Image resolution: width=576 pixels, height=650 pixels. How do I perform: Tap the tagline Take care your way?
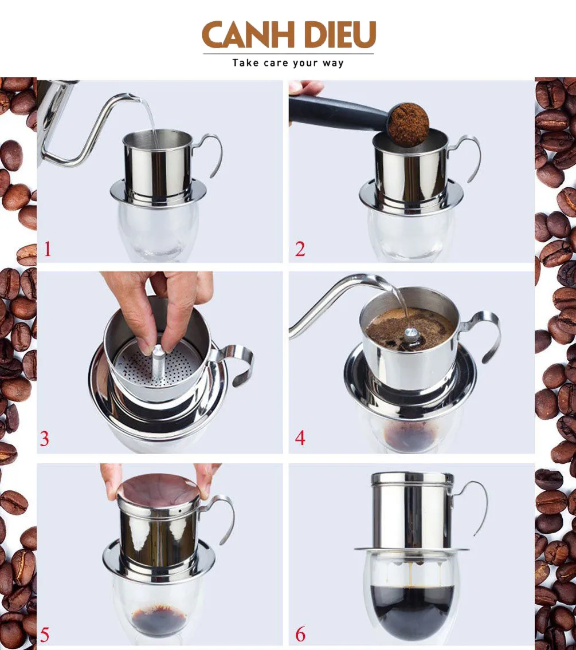[x=288, y=63]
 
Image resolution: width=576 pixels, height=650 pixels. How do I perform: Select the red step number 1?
[x=48, y=249]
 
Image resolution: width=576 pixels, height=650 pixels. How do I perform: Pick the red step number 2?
[x=300, y=249]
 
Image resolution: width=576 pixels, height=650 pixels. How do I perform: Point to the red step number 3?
[x=45, y=439]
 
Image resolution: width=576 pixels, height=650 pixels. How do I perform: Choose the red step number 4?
[x=300, y=438]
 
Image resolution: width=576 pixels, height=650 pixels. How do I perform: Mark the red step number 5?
[x=45, y=635]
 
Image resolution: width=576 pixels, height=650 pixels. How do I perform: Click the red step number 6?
[x=300, y=634]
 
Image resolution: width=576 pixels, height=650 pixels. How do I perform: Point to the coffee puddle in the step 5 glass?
[x=159, y=620]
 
